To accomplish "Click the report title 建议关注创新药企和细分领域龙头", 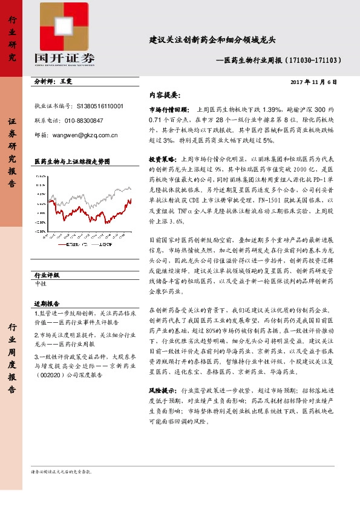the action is [212, 41].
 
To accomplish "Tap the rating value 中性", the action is [41, 283].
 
